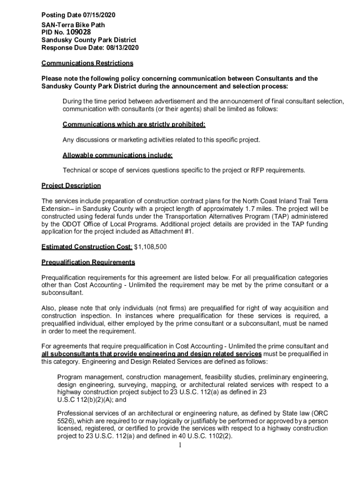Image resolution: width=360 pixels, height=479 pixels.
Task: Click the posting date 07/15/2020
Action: [x=98, y=16]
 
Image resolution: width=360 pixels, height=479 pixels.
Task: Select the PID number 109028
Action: [x=79, y=32]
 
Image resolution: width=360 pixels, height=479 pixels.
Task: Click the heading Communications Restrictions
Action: [x=87, y=63]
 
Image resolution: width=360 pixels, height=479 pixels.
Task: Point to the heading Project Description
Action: [x=71, y=186]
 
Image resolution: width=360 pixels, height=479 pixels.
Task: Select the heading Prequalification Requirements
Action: [x=88, y=262]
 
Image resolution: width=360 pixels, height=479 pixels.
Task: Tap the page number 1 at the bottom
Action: [x=180, y=445]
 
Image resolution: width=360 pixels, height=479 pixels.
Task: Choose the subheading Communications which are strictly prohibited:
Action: [x=134, y=124]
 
